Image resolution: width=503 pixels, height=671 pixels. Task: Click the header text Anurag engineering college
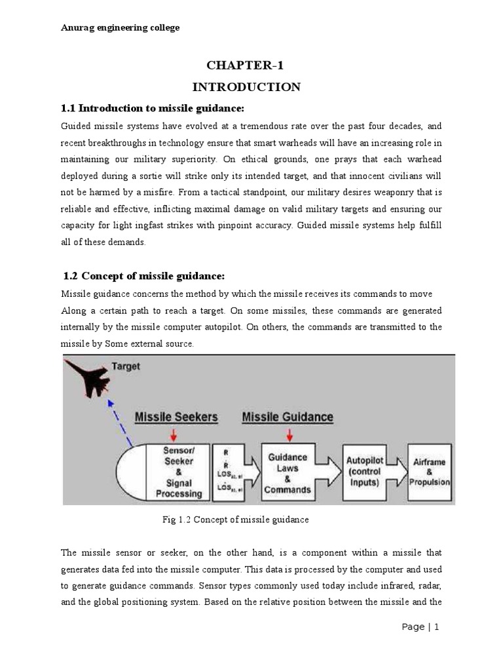121,28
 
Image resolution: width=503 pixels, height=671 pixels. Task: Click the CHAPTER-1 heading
246,65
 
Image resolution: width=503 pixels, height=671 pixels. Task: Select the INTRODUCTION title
246,86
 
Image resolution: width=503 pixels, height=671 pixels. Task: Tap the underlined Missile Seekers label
176,417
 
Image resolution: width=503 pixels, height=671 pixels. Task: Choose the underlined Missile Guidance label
288,417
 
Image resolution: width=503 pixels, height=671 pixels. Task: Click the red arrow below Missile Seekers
174,434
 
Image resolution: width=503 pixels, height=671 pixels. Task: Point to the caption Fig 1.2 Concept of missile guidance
235,520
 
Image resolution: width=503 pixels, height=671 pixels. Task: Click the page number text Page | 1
420,645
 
